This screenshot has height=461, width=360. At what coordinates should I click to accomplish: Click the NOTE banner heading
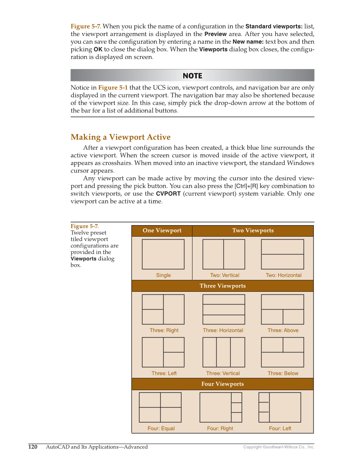(192, 75)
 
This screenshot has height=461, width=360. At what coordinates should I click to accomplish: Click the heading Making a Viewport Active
(120, 137)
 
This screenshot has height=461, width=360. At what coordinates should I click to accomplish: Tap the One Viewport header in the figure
(162, 231)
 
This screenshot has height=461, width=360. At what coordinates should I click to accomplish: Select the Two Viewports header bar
(253, 231)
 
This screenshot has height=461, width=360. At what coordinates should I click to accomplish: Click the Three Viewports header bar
(223, 286)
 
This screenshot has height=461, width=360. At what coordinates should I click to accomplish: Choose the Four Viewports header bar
(223, 384)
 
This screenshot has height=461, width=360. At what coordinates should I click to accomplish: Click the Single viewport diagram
(163, 254)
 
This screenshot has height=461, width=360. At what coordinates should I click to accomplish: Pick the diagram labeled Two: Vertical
(223, 254)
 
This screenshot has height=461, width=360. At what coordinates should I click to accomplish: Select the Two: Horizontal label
(283, 275)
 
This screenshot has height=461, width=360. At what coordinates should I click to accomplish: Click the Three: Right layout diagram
(163, 309)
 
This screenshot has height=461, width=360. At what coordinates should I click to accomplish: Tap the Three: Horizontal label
(223, 330)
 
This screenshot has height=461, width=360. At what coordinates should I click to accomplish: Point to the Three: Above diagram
(282, 309)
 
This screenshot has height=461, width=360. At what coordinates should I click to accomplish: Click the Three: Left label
(164, 374)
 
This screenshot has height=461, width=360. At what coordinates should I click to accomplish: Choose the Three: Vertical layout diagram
(223, 352)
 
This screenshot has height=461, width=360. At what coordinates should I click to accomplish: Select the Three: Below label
(283, 374)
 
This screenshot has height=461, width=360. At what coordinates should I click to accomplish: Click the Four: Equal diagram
(160, 407)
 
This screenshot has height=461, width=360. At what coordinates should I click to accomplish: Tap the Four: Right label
(220, 428)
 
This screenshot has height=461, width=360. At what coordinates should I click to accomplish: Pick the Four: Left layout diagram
(279, 407)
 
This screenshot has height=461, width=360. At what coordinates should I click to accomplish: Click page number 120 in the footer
(33, 447)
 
